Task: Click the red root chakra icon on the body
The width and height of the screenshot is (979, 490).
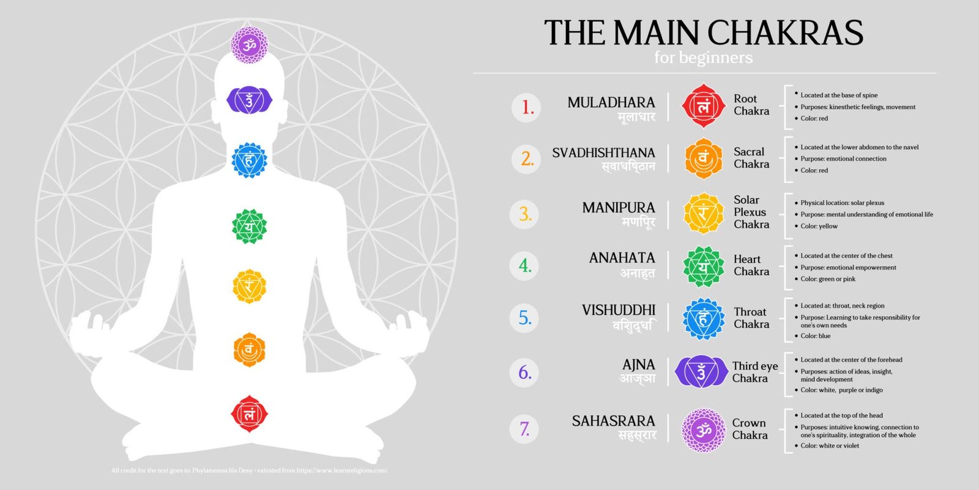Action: point(249,414)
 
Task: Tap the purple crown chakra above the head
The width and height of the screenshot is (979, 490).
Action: point(248,45)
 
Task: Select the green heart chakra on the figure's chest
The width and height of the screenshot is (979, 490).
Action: point(249,227)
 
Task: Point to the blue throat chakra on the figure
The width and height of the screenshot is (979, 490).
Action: point(249,160)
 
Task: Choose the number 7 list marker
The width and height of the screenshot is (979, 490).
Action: point(525,428)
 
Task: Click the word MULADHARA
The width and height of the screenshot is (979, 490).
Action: point(611,102)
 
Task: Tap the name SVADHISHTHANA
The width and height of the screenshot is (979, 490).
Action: point(603,153)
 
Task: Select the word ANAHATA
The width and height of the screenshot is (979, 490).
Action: point(622,258)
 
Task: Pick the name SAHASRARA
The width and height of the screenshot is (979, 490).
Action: point(613,421)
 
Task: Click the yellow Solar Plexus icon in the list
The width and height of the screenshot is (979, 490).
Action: point(703,213)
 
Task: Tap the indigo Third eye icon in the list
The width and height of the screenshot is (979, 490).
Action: point(701,372)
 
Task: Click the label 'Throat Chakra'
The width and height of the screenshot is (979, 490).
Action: point(751,318)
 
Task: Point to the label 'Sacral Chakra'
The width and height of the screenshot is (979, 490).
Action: point(751,158)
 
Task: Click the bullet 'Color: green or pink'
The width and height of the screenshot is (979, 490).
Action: point(828,279)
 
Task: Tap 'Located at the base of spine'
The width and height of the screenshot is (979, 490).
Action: point(839,95)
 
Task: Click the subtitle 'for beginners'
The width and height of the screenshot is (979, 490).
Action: point(703,58)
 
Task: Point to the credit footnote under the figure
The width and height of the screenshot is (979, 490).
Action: point(249,470)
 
